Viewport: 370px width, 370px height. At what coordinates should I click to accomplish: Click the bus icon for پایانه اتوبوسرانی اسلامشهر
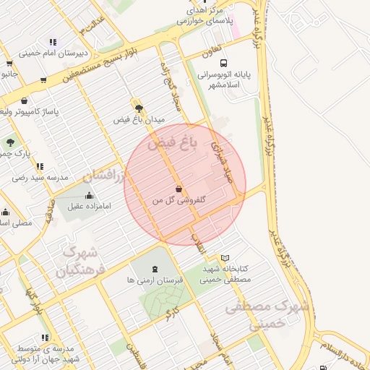coord(223,63)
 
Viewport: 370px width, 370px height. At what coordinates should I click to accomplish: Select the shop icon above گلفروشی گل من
coord(178,189)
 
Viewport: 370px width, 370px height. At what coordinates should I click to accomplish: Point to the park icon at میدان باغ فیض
coord(139,108)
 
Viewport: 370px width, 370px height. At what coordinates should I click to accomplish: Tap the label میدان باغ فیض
coord(139,119)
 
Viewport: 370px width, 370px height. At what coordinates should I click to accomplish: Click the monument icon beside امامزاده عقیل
coord(89,195)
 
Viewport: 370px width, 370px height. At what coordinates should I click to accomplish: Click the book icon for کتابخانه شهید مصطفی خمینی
coord(225,257)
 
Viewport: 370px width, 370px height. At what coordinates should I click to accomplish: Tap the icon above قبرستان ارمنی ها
coord(158,269)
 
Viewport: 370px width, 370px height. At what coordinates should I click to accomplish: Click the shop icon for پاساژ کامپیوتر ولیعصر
coord(25,101)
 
